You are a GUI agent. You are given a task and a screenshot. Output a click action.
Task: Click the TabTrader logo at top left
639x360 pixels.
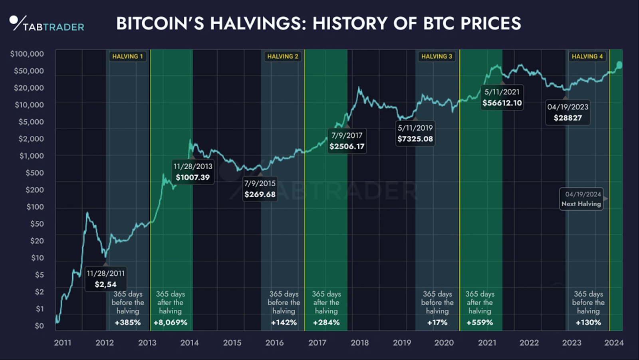pos(46,24)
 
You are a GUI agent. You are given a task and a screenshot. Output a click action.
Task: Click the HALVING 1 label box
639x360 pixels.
pos(127,56)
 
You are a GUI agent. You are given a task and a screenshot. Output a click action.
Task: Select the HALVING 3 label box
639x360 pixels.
pos(437,56)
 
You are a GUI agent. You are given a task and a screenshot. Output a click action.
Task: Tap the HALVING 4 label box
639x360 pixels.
pos(587,56)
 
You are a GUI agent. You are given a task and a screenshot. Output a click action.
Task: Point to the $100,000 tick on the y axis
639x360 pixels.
pos(27,54)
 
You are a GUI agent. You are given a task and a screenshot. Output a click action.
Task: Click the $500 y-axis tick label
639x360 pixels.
pos(35,173)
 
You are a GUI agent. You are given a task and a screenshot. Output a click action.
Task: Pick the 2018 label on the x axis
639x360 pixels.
pos(359,342)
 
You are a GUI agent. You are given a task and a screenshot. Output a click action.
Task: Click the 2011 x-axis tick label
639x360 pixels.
pos(63,342)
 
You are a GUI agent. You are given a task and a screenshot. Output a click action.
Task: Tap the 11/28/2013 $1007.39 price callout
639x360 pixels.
pos(193,172)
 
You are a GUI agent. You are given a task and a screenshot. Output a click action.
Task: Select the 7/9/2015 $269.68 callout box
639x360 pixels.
pos(260,189)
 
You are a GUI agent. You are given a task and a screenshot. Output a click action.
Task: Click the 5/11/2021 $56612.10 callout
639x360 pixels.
pos(502,97)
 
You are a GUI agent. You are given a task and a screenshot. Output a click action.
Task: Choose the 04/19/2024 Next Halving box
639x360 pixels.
pos(581,199)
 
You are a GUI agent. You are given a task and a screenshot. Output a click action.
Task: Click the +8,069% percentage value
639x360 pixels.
pos(171,322)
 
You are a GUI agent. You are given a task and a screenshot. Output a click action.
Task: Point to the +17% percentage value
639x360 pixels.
pos(437,322)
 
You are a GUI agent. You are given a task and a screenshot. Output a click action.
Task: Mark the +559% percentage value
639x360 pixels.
pos(480,322)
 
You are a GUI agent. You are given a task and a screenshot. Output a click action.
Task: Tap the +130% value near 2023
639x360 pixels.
pos(588,322)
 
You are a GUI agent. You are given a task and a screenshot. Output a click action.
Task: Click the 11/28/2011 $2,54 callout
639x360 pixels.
pos(106,279)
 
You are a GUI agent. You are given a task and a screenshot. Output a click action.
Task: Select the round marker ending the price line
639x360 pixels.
pos(619,65)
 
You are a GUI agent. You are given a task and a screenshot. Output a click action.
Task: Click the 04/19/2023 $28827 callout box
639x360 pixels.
pos(568,112)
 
